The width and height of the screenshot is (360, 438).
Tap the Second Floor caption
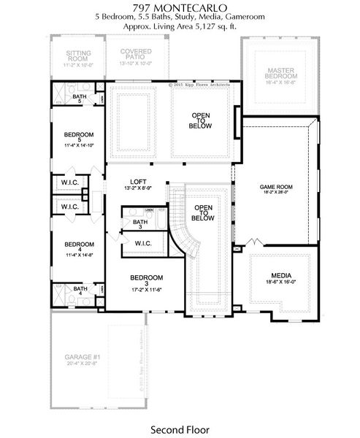pos(179,429)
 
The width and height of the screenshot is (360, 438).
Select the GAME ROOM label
pos(276,187)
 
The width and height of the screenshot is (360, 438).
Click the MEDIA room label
pos(280,275)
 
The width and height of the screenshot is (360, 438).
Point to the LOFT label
pos(139,182)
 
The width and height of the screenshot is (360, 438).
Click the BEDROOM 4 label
pos(79,245)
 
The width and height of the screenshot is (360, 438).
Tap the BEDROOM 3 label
pos(146,277)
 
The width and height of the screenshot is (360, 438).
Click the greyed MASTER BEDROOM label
pos(281,73)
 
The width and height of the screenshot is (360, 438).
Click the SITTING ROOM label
pos(78,56)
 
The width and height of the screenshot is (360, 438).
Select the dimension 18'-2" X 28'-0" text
pos(276,195)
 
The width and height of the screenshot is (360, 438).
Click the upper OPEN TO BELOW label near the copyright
pos(202,120)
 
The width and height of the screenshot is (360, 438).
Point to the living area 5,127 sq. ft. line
pos(179,26)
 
